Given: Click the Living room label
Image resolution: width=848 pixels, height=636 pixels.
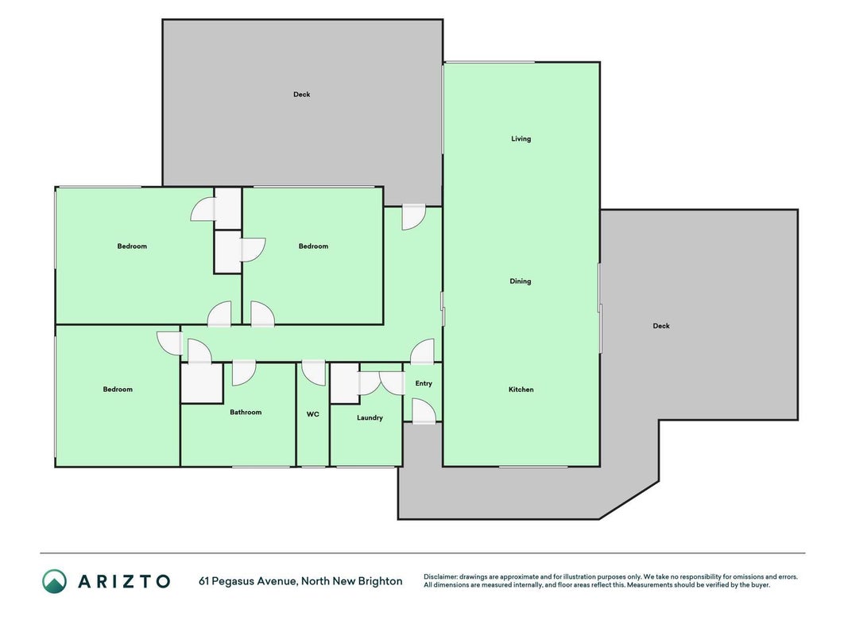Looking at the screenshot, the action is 521,139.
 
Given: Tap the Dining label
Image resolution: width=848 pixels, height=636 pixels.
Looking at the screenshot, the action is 521,281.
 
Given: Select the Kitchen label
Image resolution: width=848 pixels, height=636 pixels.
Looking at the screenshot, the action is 521,390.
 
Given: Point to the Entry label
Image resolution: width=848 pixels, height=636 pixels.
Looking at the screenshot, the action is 424,383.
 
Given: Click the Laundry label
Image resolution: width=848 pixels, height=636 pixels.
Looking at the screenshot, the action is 370,418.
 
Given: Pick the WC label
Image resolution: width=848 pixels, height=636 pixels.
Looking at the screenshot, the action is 312,414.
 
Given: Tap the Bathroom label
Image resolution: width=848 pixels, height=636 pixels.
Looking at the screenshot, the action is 246,412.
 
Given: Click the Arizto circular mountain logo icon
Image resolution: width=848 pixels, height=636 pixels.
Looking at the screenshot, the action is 55,581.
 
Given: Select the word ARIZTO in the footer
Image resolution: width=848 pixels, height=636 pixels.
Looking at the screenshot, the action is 124,581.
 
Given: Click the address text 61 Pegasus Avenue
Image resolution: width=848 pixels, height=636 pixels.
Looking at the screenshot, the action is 248,581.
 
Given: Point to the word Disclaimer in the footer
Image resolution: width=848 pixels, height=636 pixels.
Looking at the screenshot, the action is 440,577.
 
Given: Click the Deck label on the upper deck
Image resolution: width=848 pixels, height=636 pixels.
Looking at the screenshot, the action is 302,95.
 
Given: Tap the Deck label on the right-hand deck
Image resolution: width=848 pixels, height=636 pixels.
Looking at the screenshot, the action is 661,326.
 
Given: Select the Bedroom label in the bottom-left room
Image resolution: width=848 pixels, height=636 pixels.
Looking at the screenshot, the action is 118,390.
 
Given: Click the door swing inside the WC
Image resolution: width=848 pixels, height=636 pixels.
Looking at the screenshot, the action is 313,373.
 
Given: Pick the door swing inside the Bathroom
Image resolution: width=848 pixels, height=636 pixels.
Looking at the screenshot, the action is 244,373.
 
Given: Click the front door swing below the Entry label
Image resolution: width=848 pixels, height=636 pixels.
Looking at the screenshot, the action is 424,411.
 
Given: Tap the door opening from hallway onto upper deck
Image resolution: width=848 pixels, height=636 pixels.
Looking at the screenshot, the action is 414,218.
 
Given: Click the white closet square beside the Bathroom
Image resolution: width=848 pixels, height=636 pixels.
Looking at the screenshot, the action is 202,383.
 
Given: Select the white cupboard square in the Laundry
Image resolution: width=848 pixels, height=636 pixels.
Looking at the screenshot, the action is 344,383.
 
